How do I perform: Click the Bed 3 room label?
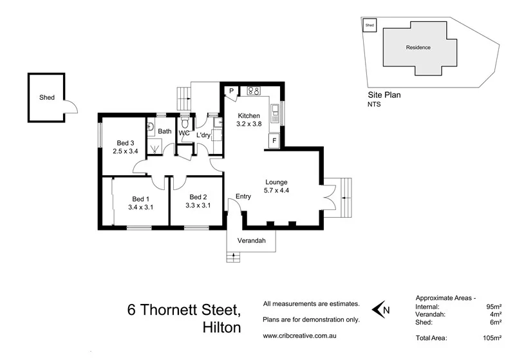125,143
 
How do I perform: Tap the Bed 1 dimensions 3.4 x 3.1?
140,207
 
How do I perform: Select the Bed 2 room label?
198,197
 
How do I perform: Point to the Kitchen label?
248,116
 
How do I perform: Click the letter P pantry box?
230,91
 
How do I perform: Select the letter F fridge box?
274,140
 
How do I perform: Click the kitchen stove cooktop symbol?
253,91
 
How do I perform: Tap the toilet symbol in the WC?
185,122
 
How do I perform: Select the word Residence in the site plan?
418,48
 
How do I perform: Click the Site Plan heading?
384,94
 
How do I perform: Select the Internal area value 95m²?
494,307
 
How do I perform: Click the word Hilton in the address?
218,327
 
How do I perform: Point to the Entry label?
243,196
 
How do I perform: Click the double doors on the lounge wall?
329,197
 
